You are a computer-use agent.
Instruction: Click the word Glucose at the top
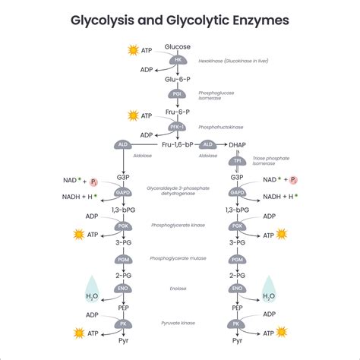178,47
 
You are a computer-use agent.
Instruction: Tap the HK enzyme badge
178,60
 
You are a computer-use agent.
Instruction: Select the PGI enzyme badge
178,94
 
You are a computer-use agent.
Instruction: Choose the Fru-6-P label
178,111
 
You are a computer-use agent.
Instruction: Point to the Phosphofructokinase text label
220,128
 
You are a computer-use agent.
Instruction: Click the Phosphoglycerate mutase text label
178,259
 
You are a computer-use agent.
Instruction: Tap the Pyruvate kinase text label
178,323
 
